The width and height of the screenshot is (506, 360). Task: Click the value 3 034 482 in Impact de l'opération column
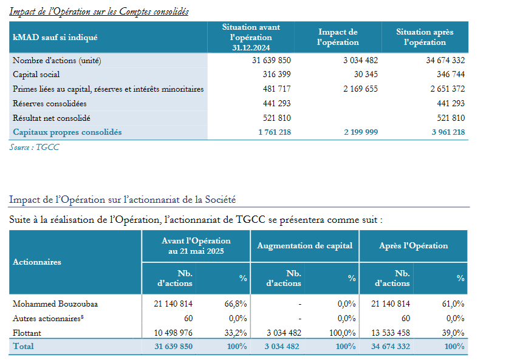coord(360,60)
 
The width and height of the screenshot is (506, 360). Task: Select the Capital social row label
coord(36,75)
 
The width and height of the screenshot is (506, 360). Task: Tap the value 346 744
coord(451,75)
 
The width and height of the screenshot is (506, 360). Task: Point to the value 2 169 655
coord(360,89)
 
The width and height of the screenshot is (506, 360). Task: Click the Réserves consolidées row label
coord(50,104)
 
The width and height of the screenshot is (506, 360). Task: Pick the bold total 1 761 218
coord(275,132)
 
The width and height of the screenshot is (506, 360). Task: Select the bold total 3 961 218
coord(448,132)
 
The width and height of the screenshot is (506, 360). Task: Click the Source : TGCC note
coord(34,148)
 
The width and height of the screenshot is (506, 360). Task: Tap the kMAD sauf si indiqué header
coord(55,38)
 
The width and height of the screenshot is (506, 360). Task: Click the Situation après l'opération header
coord(425,37)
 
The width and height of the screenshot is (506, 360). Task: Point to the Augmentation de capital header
coord(305,246)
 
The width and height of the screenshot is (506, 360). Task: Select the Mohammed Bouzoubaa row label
coord(55,304)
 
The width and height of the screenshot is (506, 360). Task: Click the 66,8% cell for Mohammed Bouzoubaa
coord(236,304)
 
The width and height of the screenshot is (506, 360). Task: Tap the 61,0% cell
coord(453,304)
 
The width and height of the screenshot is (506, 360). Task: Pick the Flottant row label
coord(27,333)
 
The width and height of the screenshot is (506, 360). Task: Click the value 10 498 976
coord(173,333)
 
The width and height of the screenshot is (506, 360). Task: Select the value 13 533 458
coord(391,333)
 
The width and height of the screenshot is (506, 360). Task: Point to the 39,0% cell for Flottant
coord(453,333)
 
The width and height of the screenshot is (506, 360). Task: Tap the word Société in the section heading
coord(220,200)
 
